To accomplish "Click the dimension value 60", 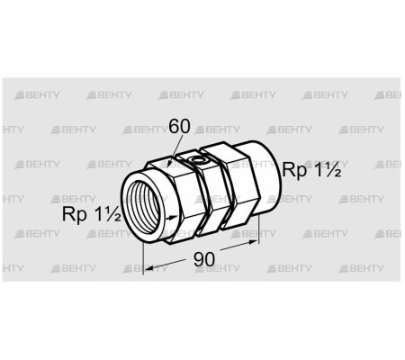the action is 179,126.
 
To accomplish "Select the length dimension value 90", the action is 204,259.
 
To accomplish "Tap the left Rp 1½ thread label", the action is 92,214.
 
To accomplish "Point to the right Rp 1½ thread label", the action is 311,170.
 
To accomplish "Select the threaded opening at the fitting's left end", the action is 141,208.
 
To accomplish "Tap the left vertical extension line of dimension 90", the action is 144,257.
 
